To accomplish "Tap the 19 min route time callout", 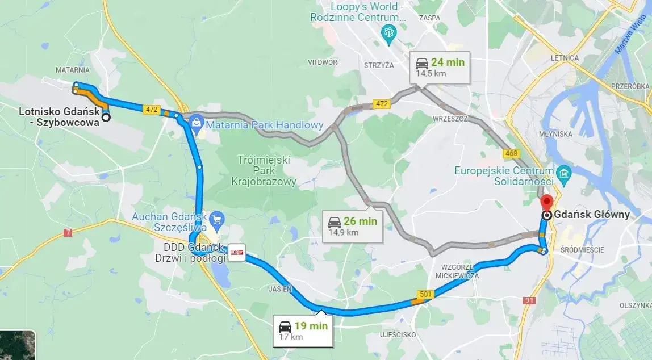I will click(x=303, y=330).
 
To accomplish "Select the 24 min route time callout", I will click(x=440, y=66).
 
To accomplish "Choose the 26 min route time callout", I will click(x=352, y=226).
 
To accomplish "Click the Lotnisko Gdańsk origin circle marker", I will click(x=106, y=118).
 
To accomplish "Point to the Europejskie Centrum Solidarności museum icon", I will click(x=564, y=173).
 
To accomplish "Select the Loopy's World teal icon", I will click(x=388, y=32).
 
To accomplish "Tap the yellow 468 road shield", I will click(x=511, y=153).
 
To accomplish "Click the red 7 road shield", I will click(x=68, y=232).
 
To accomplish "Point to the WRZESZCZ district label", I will click(x=449, y=119).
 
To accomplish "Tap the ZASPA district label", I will click(x=429, y=18).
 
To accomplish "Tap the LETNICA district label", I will click(x=565, y=58).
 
